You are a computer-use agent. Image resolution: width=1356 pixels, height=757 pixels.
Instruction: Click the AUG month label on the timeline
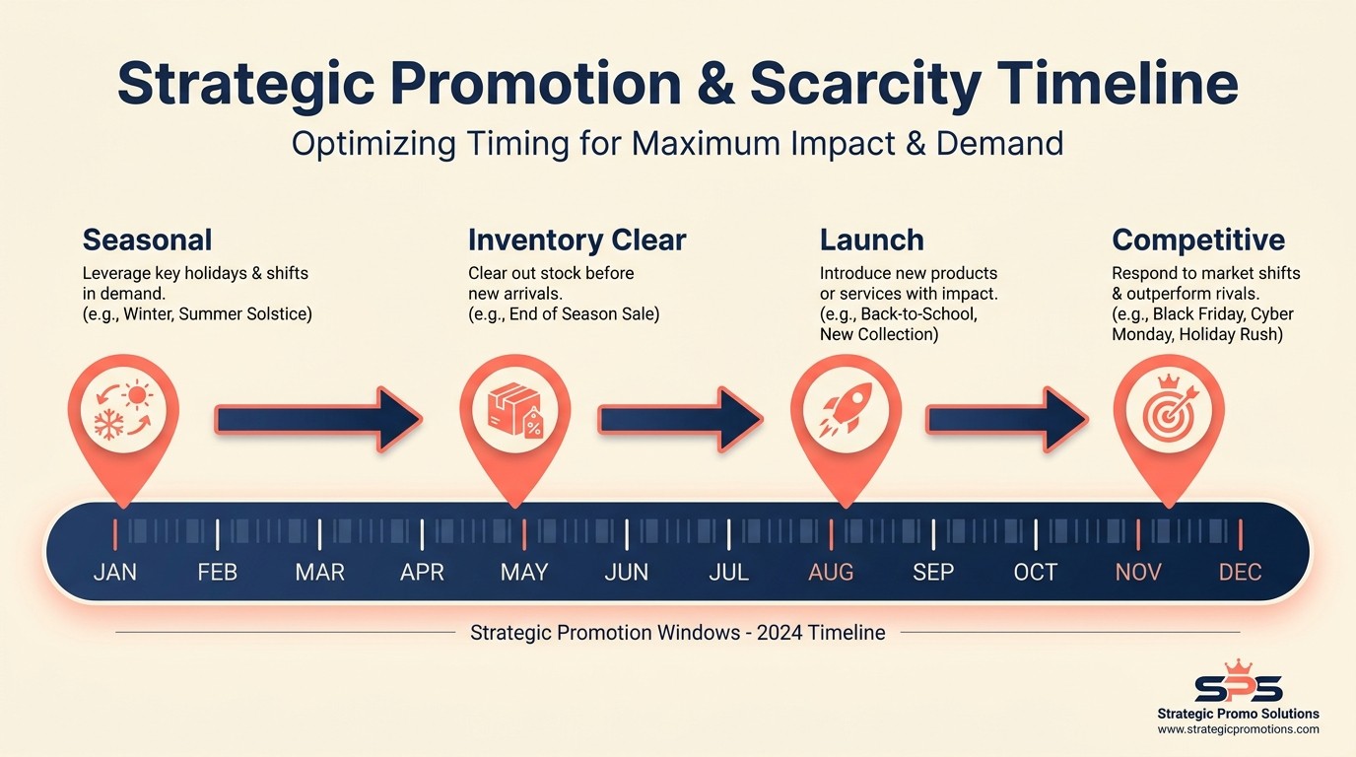(831, 572)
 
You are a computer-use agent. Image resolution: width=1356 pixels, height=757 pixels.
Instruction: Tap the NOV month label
(1138, 572)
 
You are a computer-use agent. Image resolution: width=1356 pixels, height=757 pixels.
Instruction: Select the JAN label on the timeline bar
(115, 572)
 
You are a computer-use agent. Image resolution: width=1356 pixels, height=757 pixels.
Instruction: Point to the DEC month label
(1240, 572)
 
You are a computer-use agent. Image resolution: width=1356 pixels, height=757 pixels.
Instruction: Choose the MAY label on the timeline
(524, 572)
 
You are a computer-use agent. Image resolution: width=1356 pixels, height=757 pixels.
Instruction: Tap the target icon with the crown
(1169, 409)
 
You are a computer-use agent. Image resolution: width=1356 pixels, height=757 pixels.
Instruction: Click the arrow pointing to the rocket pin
(680, 419)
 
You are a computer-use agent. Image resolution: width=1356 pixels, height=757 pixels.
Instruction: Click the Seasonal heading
(147, 240)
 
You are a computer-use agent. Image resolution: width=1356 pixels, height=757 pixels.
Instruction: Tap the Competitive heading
(1198, 240)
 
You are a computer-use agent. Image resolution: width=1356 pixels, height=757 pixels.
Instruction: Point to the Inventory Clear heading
(576, 240)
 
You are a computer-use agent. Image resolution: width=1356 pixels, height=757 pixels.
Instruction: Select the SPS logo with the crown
(1239, 682)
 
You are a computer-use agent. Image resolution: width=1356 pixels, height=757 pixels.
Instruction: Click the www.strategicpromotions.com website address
(1238, 729)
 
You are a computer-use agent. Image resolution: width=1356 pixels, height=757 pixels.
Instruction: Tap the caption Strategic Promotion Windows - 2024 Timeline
(677, 633)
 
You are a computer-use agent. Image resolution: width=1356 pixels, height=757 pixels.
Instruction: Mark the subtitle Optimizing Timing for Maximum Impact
(677, 144)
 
